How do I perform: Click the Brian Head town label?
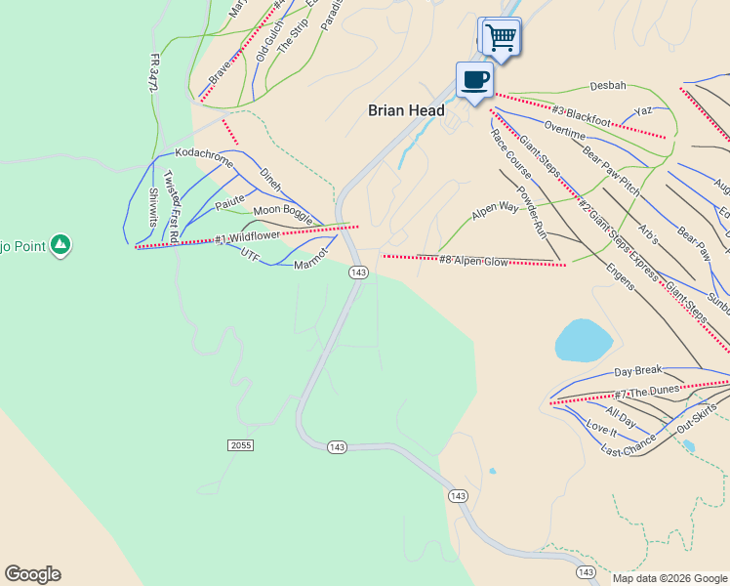(406, 111)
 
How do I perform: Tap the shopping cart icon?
(501, 38)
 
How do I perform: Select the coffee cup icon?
(475, 79)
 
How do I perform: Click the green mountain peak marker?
(61, 243)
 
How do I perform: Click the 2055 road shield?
(240, 445)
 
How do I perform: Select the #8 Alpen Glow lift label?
(473, 261)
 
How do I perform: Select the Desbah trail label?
(607, 86)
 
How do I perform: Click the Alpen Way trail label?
(495, 208)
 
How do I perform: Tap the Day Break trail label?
(637, 371)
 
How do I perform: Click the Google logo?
(32, 574)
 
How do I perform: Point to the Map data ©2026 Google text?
(669, 578)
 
